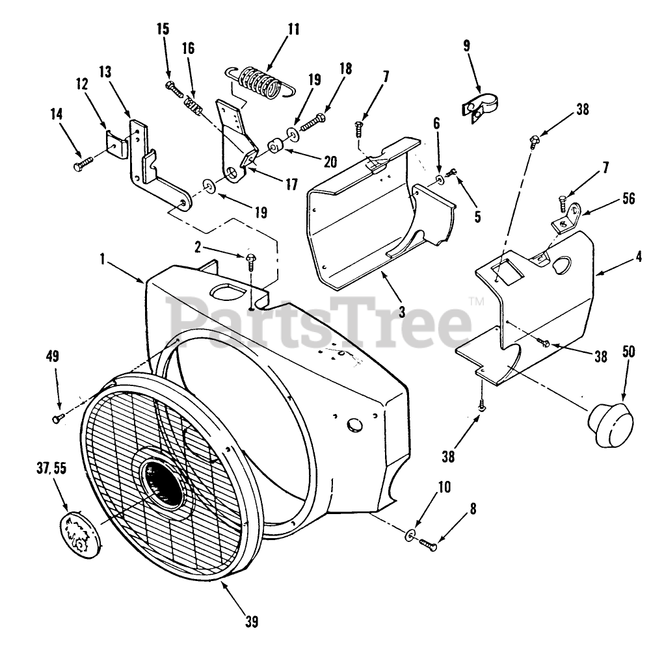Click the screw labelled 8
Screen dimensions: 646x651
(428, 545)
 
